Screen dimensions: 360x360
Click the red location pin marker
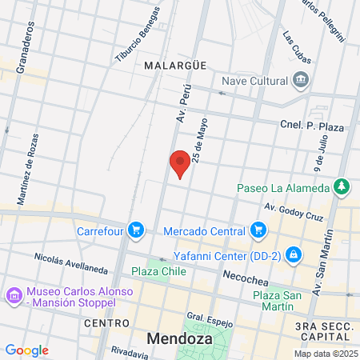(x=180, y=163)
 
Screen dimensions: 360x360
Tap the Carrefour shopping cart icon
(x=137, y=230)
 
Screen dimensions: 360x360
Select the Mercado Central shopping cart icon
(x=258, y=230)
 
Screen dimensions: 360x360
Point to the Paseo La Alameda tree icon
(x=342, y=187)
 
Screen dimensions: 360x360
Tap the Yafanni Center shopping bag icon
(x=294, y=254)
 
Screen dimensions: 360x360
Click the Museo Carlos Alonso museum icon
(x=14, y=297)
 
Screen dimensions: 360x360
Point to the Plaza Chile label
(x=158, y=271)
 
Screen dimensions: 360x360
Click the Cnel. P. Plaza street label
(x=311, y=126)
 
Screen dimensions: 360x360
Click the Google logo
(x=26, y=350)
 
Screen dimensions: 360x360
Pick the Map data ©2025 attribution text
(x=325, y=354)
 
